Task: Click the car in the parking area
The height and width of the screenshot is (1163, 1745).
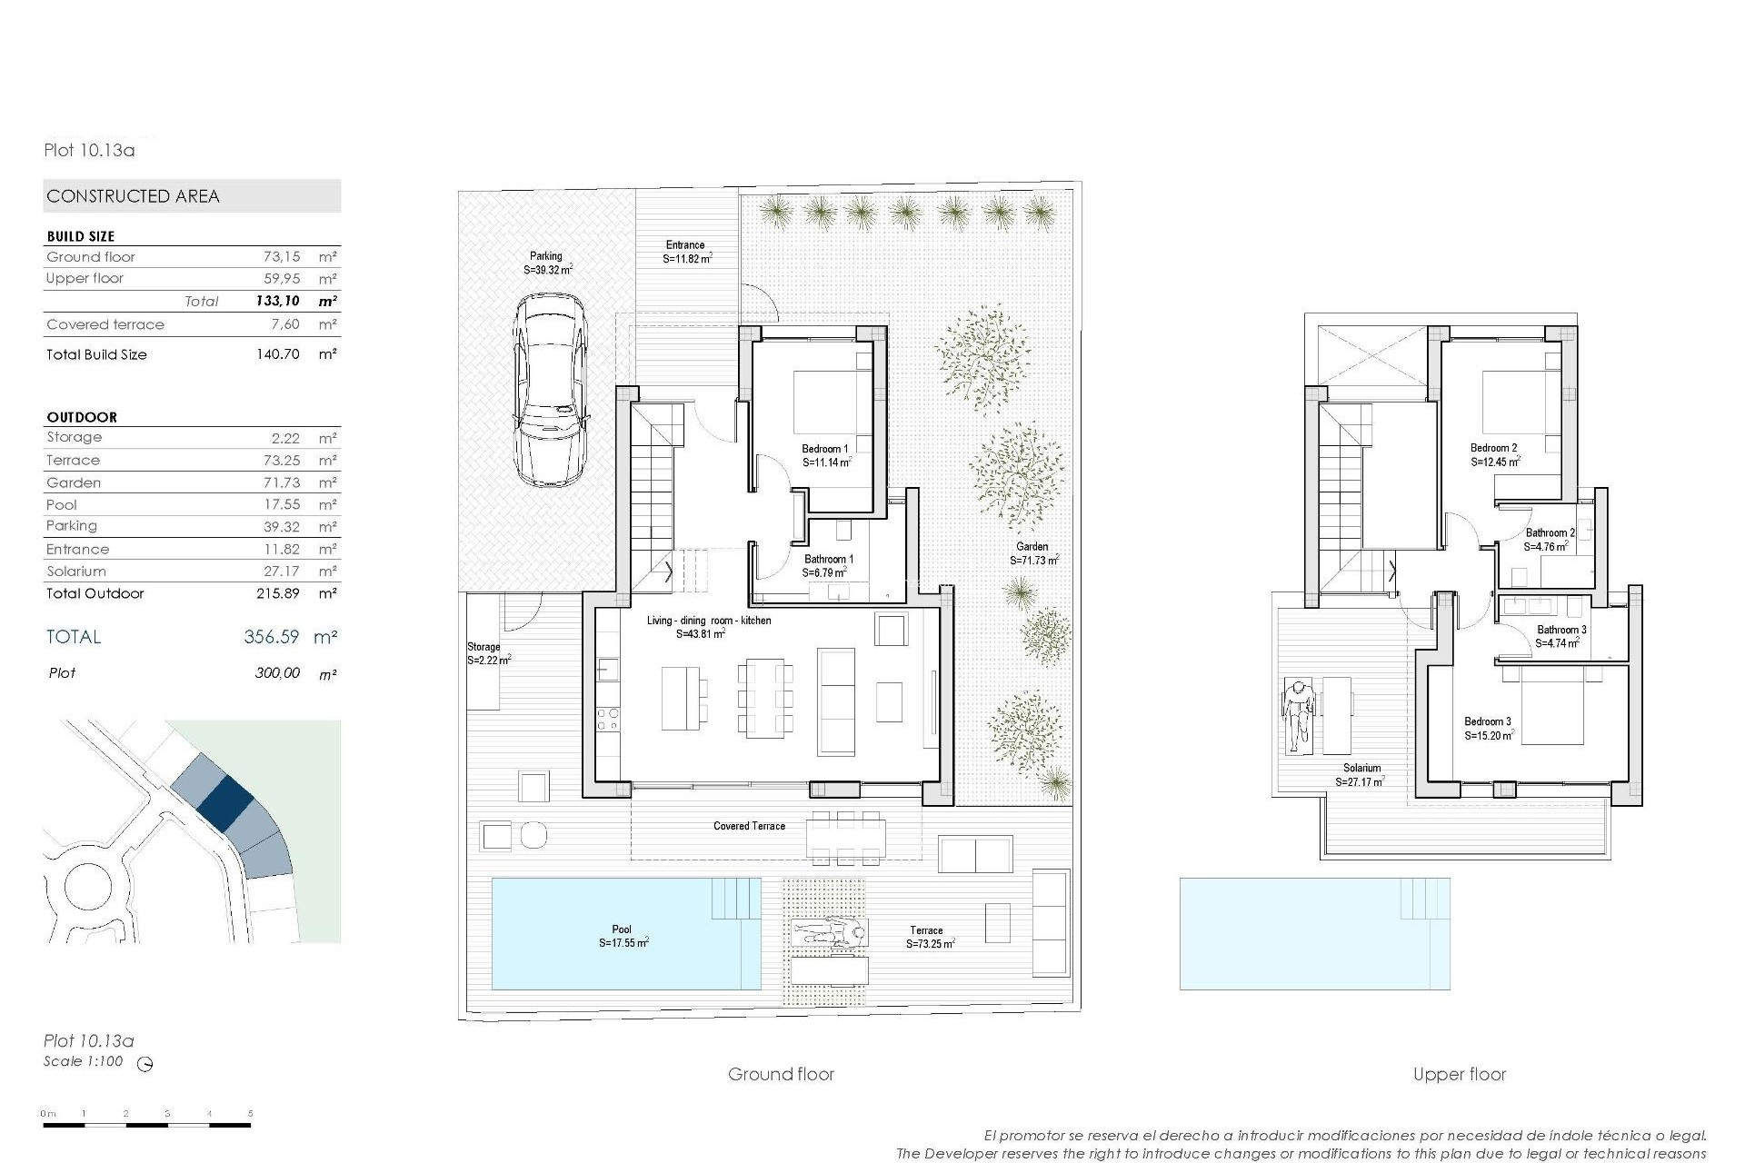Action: coord(551,391)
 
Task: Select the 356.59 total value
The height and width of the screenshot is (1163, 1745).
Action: coord(271,637)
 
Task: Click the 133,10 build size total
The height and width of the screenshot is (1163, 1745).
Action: coord(277,301)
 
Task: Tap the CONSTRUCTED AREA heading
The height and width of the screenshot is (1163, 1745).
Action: coord(134,196)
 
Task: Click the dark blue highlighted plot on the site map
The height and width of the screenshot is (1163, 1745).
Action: coord(224,800)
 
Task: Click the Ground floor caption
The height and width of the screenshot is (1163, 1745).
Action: coord(781,1074)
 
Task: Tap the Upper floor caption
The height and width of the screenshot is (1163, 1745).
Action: coord(1459,1074)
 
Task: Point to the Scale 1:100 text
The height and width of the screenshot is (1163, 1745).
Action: coord(83,1061)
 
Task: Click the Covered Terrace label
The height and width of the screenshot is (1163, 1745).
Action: coord(749,826)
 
